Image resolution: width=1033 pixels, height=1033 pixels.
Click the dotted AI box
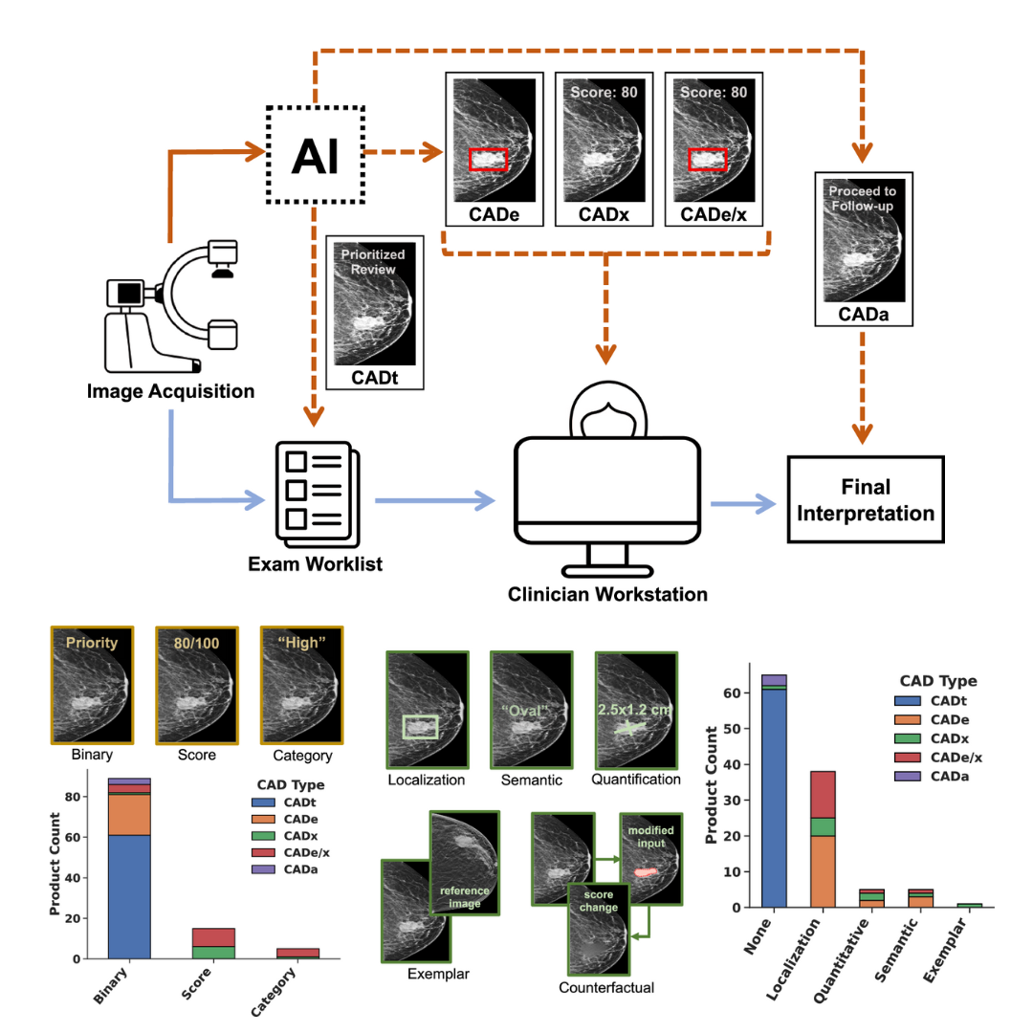(x=316, y=154)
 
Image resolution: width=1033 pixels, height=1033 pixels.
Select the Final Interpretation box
(x=865, y=499)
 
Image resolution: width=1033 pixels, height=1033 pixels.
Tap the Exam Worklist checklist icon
(x=313, y=489)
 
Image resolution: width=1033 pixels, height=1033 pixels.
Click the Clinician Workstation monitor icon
(x=604, y=493)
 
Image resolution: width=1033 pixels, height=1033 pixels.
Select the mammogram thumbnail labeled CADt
(x=374, y=314)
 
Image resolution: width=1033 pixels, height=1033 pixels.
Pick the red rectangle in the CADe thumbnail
(x=488, y=160)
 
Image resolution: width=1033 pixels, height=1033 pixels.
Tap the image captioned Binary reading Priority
(x=92, y=683)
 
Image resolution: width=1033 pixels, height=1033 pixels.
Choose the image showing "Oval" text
(x=523, y=710)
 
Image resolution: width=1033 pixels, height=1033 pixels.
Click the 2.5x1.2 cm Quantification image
(x=627, y=710)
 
